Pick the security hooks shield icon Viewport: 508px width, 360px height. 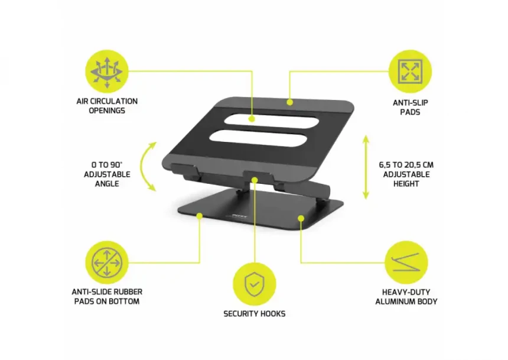[x=254, y=284]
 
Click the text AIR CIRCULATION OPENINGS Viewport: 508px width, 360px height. [x=107, y=106]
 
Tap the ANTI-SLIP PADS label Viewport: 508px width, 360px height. [x=411, y=107]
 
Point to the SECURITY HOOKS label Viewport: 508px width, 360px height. [x=254, y=313]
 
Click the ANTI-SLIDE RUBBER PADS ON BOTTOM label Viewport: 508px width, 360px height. [x=107, y=296]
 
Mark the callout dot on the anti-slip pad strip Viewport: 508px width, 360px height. [x=289, y=102]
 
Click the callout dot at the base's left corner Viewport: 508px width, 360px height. [x=200, y=216]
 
